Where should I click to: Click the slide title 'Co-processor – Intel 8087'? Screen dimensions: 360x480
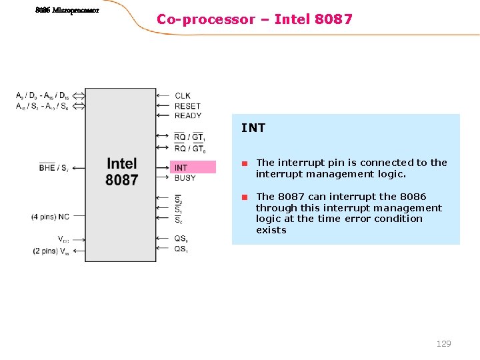click(254, 19)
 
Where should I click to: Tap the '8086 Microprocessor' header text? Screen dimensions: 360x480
click(67, 10)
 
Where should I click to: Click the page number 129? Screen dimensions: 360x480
click(443, 343)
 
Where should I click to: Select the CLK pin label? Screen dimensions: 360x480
click(183, 96)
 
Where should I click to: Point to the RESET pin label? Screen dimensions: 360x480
click(187, 106)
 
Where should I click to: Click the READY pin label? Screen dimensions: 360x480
click(188, 115)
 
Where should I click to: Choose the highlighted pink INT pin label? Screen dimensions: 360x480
click(181, 168)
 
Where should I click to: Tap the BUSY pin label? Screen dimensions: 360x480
click(185, 178)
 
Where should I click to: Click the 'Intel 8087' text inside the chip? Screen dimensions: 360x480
click(122, 171)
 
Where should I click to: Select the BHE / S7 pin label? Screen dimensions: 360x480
click(53, 168)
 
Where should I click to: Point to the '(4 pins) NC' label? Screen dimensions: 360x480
click(50, 217)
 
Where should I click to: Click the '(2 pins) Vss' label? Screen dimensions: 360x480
click(50, 251)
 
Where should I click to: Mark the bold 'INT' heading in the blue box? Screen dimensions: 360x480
click(253, 128)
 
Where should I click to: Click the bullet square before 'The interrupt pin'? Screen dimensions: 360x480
click(245, 163)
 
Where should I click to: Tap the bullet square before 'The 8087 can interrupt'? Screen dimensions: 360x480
click(245, 197)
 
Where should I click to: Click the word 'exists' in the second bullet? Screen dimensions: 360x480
click(271, 230)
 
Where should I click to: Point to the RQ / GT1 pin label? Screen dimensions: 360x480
click(189, 138)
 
